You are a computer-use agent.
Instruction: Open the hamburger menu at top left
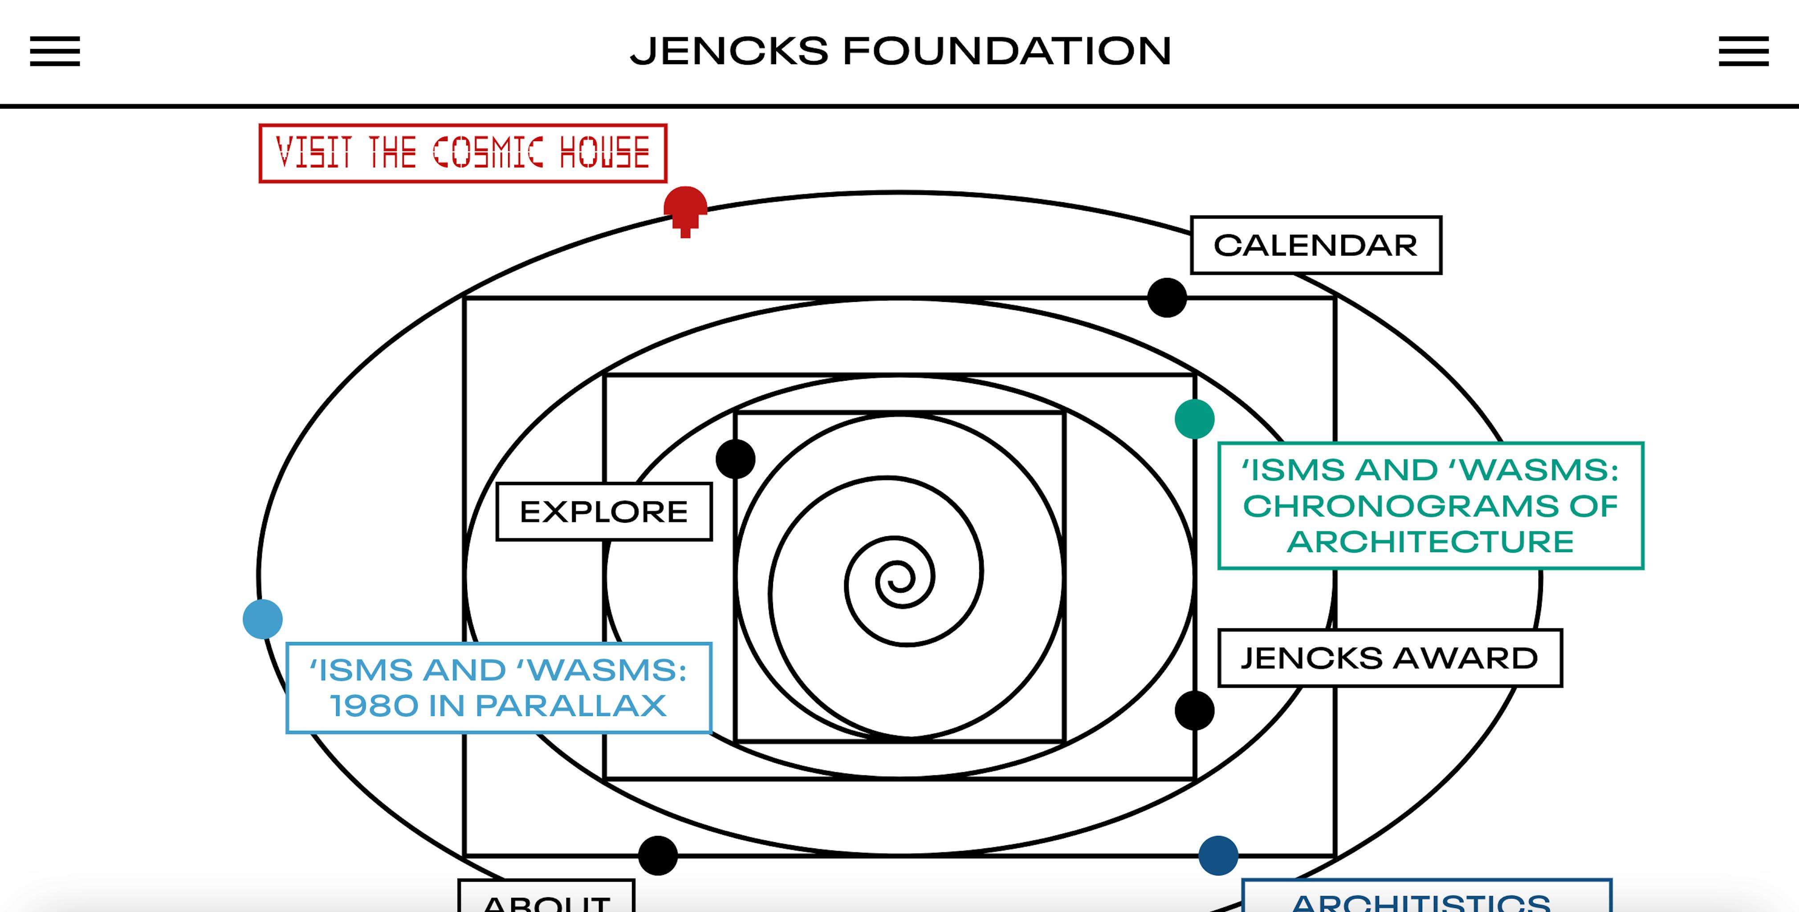tap(54, 51)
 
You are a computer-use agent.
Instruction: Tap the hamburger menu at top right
tap(1743, 51)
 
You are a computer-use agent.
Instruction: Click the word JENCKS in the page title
tap(729, 51)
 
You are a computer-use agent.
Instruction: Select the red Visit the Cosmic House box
tap(462, 153)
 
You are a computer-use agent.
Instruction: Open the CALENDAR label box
tap(1316, 245)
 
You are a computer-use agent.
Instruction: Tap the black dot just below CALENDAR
tap(1166, 297)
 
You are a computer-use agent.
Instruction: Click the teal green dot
tap(1194, 419)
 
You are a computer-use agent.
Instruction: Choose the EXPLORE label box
tap(604, 512)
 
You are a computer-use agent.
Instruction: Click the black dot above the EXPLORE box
tap(735, 459)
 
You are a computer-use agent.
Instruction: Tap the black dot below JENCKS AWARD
tap(1194, 710)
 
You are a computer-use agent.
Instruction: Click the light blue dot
tap(263, 619)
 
